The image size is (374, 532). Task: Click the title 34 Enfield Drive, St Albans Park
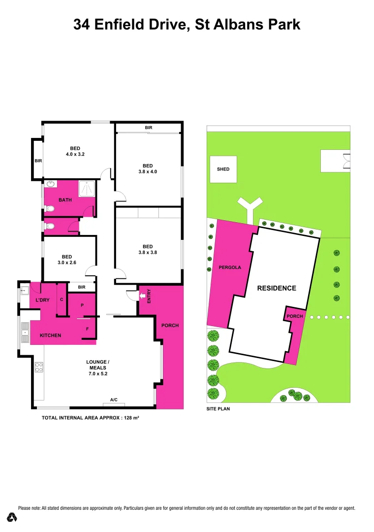click(x=187, y=25)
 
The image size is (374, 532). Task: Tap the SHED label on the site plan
click(x=223, y=169)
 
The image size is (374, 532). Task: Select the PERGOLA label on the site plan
click(x=230, y=267)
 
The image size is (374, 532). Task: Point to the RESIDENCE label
click(x=277, y=288)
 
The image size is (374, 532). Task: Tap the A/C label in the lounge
click(x=114, y=399)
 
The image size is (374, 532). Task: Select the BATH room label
click(x=65, y=200)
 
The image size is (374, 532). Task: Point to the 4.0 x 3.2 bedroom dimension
click(x=75, y=154)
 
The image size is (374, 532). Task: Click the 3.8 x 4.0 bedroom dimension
click(x=148, y=172)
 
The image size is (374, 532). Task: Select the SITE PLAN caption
click(x=218, y=409)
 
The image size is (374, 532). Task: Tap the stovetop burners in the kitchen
click(x=39, y=367)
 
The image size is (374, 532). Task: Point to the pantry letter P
click(x=82, y=305)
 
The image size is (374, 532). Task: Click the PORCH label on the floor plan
click(x=170, y=326)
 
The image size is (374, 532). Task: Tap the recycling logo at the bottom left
click(x=12, y=517)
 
